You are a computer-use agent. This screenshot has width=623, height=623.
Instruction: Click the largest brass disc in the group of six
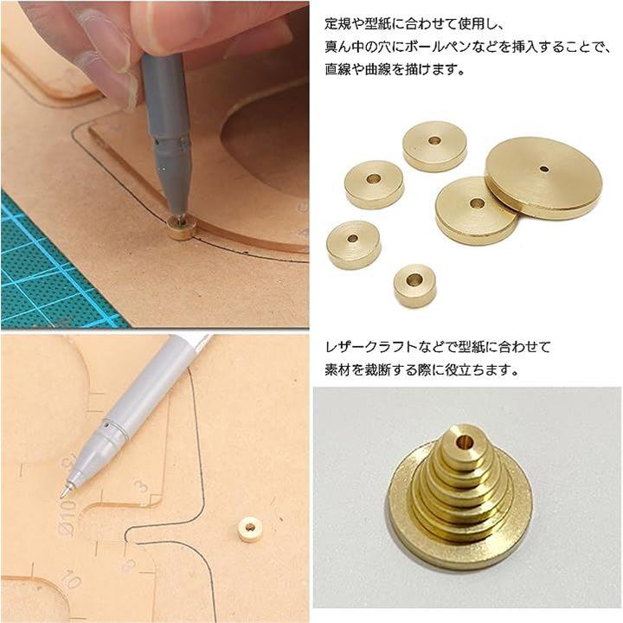543,178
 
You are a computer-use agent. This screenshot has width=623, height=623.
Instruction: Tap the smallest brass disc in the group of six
414,286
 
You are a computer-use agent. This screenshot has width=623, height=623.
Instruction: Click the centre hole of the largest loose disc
544,170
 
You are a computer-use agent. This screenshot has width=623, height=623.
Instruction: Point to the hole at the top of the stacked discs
462,440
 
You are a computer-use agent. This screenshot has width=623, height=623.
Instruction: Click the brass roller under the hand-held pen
181,228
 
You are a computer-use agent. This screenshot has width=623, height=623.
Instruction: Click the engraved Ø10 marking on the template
70,517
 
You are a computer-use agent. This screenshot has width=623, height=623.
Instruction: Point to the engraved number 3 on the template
141,487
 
